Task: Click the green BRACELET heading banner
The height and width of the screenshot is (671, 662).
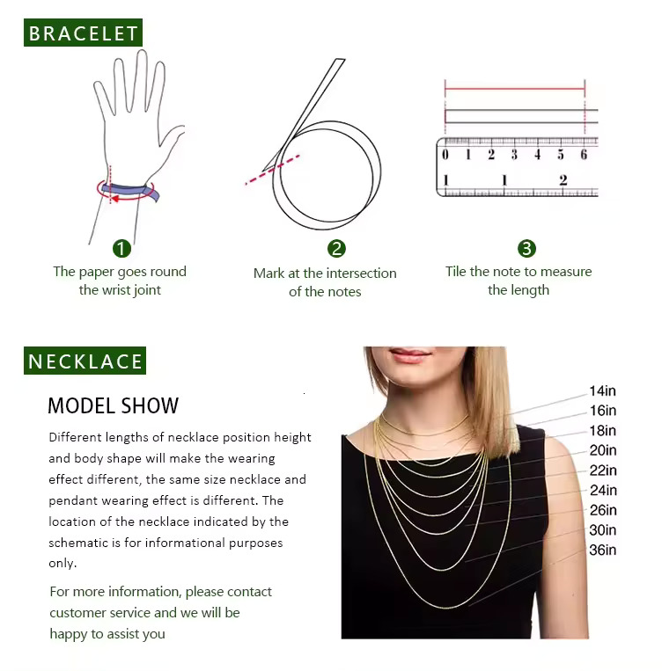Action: click(83, 33)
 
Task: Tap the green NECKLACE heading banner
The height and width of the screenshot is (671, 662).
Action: click(85, 361)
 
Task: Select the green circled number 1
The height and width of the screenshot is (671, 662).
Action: click(121, 248)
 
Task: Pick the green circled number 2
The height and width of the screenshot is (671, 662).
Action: click(336, 249)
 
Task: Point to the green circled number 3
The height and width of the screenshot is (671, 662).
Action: click(526, 248)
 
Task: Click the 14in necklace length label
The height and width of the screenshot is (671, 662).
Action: click(602, 390)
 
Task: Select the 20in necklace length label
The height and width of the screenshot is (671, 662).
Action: click(603, 450)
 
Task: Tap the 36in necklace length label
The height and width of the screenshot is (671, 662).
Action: click(602, 550)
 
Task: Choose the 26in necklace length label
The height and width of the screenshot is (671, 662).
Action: click(603, 510)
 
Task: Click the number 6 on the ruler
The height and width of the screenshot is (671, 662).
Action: click(584, 154)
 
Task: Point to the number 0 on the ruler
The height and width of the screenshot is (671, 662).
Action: click(445, 154)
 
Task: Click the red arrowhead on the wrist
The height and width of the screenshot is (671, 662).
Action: click(114, 199)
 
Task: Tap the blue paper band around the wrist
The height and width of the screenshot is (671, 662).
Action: click(130, 191)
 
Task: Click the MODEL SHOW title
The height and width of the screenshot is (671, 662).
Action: click(113, 405)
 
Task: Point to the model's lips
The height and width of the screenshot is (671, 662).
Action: click(410, 355)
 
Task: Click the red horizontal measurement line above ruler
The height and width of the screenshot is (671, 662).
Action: click(515, 89)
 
